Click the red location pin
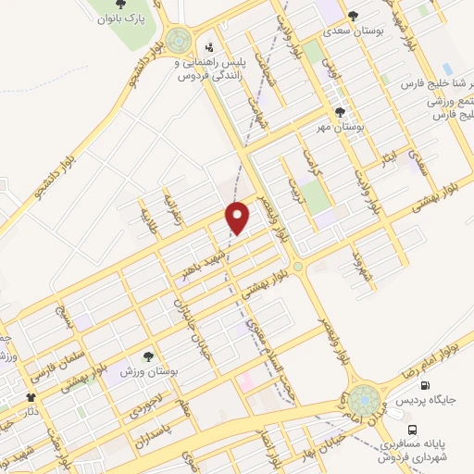pyautogui.click(x=239, y=218)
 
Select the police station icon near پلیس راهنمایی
pyautogui.click(x=210, y=47)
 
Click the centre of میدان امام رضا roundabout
pyautogui.click(x=364, y=400)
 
